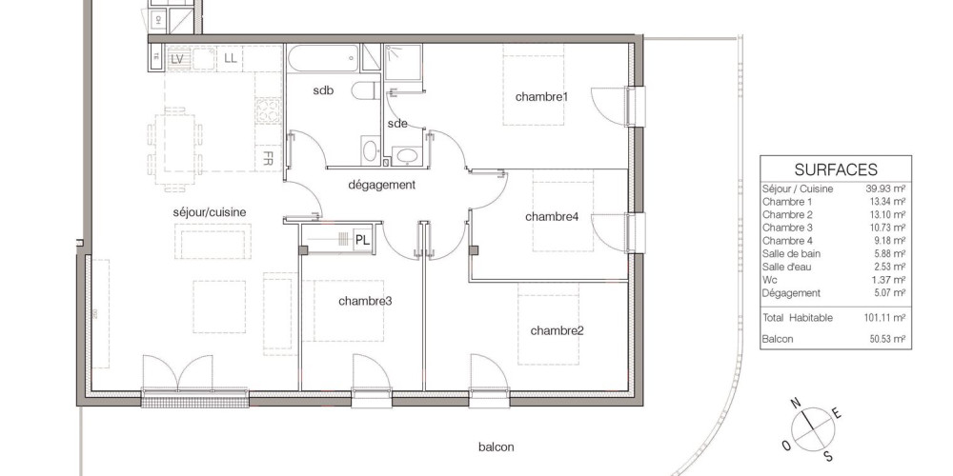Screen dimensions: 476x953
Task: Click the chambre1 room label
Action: [x=541, y=96]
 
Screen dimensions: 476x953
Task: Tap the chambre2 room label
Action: [x=557, y=330]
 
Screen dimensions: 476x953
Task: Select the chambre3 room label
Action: [x=365, y=301]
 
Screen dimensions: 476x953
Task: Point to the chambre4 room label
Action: [x=552, y=216]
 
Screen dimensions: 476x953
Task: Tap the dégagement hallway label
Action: [x=381, y=185]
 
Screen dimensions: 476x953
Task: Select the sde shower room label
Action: [x=397, y=124]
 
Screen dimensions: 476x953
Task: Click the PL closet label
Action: [x=363, y=240]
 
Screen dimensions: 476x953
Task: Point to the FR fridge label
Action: [x=270, y=156]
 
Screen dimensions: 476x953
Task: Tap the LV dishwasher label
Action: [x=177, y=59]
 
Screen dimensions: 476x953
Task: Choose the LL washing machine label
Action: [x=231, y=59]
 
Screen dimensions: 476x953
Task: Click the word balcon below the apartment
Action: [x=497, y=446]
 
